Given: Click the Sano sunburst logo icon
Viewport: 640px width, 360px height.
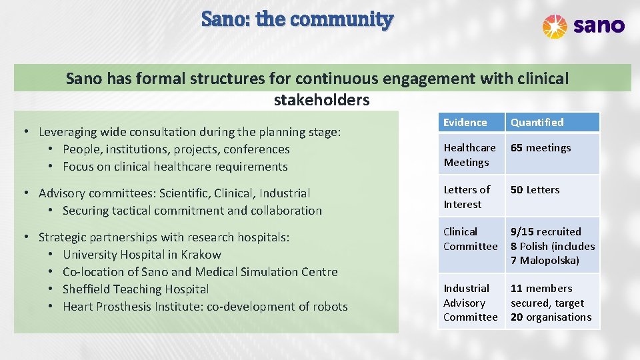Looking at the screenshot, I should coord(555,26).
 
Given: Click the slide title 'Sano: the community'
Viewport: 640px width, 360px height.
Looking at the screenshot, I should coord(297,19).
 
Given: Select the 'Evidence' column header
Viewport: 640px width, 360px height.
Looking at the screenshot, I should coord(465,123).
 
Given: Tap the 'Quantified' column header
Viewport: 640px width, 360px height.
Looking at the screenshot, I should coord(537,123).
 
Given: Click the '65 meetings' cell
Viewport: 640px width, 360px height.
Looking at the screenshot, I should coord(541,148).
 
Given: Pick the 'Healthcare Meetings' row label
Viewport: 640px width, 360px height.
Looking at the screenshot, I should coord(469,155).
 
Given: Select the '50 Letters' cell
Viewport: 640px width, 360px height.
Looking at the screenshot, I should coord(535,190).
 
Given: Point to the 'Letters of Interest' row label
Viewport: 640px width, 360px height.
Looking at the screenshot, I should coord(467,197).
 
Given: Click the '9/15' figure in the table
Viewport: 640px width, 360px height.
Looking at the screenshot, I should coord(522,232).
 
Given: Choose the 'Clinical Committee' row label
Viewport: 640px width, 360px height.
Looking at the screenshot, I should coord(470,239).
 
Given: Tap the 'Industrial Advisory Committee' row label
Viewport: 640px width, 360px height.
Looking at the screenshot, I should coord(470,303).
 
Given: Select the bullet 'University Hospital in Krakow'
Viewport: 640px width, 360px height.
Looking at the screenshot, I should coord(141,255).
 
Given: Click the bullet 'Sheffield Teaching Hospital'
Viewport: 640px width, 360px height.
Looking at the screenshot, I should coord(135,289).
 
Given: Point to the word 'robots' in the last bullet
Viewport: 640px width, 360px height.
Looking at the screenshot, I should coord(329,307).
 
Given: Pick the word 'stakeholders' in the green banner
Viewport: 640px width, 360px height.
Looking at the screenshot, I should coord(321,100).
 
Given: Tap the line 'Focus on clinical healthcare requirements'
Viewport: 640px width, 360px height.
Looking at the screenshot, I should coord(175,167).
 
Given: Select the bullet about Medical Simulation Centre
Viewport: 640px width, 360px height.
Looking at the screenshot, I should coord(200,272).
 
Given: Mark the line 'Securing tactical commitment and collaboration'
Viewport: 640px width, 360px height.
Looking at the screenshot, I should coord(192,211).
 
